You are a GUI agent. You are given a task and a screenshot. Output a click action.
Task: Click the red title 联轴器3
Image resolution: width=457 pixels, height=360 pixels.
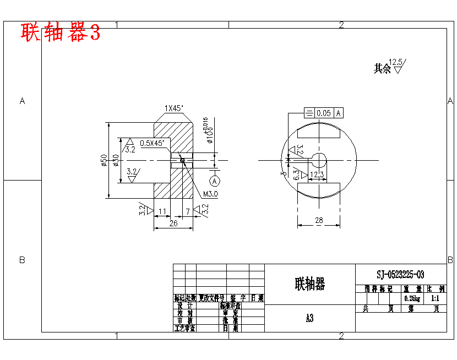[61, 33]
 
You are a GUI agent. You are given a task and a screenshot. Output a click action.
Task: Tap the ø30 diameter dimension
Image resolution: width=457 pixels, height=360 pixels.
[116, 160]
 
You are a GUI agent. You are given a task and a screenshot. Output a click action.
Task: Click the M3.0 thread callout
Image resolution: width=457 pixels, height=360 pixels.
[211, 194]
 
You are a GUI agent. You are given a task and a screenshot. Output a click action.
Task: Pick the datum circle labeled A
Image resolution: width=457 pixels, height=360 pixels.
[215, 180]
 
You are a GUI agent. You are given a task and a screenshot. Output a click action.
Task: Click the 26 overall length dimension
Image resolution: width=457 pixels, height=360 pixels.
[173, 223]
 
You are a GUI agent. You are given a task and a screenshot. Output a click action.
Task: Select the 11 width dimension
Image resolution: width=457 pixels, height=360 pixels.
[162, 211]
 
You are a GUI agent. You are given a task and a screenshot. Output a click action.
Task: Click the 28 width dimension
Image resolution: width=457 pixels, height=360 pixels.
[318, 221]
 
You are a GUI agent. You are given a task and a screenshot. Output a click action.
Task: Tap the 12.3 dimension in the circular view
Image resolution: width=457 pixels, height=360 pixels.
[317, 175]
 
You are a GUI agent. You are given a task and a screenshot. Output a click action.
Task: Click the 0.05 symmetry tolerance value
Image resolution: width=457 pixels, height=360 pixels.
[324, 113]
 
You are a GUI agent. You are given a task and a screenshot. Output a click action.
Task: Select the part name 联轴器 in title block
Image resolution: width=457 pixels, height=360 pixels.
[309, 284]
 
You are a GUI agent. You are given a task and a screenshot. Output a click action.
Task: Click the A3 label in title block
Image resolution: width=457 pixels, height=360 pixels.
[309, 318]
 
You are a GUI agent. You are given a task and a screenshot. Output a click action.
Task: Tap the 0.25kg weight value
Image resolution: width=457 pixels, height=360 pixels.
[412, 298]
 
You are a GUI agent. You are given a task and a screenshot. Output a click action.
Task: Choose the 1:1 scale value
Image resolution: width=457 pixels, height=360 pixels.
[436, 298]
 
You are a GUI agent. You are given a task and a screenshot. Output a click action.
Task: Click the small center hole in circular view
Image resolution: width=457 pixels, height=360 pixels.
[318, 160]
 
